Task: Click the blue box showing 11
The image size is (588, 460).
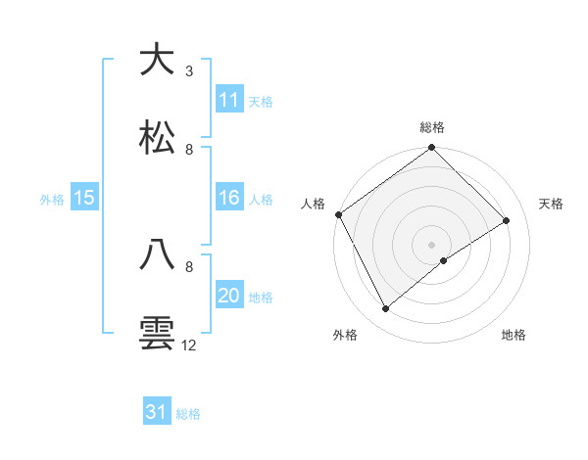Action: pyautogui.click(x=229, y=100)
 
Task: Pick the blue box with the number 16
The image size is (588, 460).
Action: pyautogui.click(x=229, y=198)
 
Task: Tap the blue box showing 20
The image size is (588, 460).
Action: pyautogui.click(x=229, y=296)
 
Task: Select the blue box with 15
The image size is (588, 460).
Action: pyautogui.click(x=84, y=198)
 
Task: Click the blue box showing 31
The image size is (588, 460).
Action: pyautogui.click(x=157, y=412)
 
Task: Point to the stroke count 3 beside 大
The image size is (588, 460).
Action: pyautogui.click(x=188, y=70)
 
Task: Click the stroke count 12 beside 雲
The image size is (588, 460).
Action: pyautogui.click(x=188, y=345)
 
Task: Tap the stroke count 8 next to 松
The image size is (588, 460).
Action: pyautogui.click(x=188, y=149)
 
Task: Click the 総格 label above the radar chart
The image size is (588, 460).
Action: pyautogui.click(x=432, y=128)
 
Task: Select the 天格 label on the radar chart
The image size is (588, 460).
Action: pyautogui.click(x=552, y=204)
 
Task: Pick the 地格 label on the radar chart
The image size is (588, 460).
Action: pyautogui.click(x=514, y=336)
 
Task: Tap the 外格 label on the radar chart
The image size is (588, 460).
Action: pyautogui.click(x=345, y=336)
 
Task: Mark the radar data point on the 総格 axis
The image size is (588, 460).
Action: pyautogui.click(x=432, y=149)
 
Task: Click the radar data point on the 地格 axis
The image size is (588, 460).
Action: pyautogui.click(x=444, y=260)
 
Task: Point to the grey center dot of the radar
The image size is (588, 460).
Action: pyautogui.click(x=432, y=244)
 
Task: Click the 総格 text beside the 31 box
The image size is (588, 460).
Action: pyautogui.click(x=188, y=414)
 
